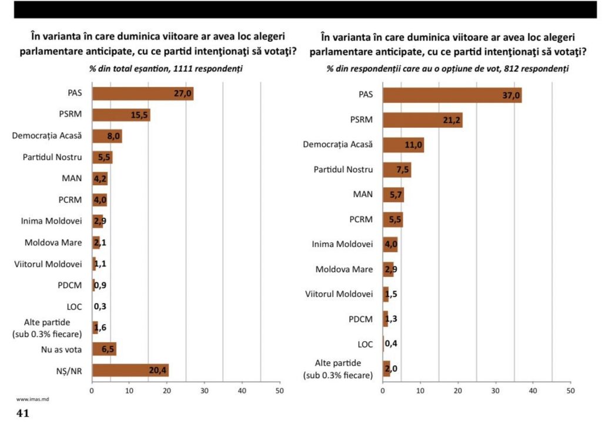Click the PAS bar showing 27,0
point(142,94)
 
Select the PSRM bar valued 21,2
point(422,120)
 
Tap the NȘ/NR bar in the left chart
point(130,370)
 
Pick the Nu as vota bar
point(104,349)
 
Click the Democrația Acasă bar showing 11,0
point(403,145)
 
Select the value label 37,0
point(509,95)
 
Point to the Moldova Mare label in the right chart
point(344,269)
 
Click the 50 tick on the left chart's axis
point(279,390)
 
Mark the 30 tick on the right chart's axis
point(495,390)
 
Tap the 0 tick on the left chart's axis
point(92,390)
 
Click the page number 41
point(23,413)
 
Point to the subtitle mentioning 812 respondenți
point(447,69)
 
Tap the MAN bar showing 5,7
point(393,195)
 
